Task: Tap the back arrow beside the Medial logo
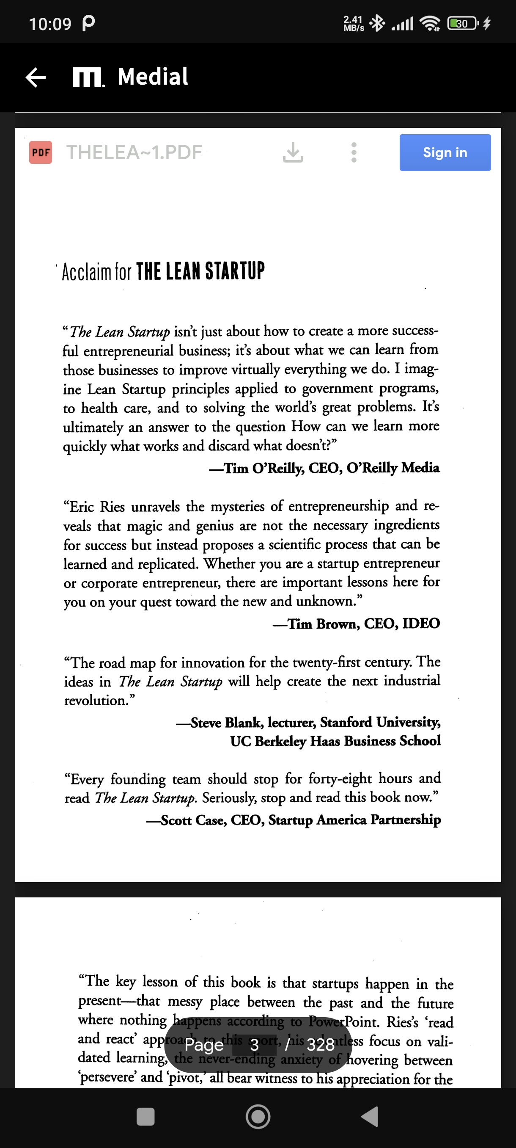point(36,77)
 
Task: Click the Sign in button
point(445,152)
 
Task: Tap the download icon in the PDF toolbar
point(293,152)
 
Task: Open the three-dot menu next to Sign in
point(354,152)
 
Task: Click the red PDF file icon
point(41,152)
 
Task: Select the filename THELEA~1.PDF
point(134,152)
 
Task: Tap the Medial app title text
point(153,77)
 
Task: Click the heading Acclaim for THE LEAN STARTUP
point(163,271)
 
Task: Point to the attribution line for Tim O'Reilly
point(324,468)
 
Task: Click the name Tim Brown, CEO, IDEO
point(356,624)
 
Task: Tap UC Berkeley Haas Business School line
point(335,741)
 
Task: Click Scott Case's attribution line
point(294,820)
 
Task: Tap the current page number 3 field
point(254,1045)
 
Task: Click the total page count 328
point(321,1045)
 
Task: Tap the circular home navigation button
point(258,1117)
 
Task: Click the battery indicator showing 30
point(463,23)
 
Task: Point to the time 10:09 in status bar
point(50,24)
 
